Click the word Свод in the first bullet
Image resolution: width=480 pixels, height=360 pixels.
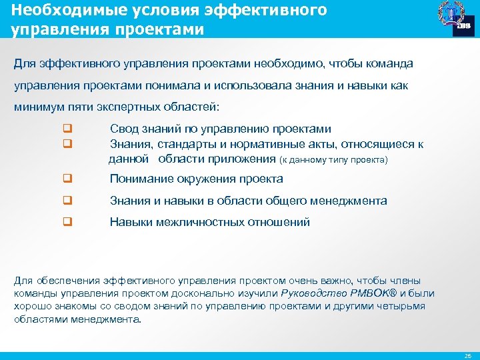[x=123, y=129]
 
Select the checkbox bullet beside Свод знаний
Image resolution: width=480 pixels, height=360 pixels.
[x=67, y=129]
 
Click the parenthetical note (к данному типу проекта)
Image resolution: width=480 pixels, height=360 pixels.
[x=333, y=160]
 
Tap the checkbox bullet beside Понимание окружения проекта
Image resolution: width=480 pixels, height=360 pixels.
[x=67, y=179]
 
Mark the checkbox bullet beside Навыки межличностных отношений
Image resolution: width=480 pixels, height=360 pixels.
[x=67, y=223]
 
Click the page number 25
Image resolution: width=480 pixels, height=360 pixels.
[x=467, y=355]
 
